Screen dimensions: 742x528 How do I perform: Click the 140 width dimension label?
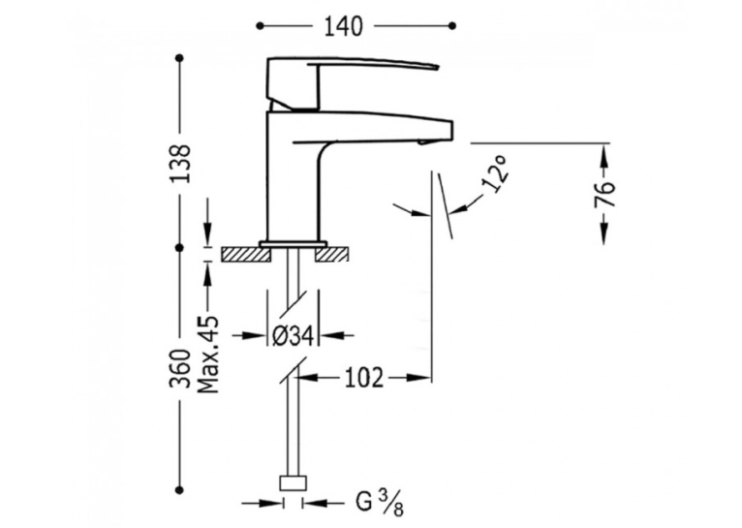click(343, 26)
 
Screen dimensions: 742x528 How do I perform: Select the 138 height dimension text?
click(180, 163)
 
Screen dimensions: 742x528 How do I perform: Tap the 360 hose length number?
click(180, 369)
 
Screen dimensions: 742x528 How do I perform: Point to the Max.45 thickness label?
click(208, 354)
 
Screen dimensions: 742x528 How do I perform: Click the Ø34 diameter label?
click(294, 336)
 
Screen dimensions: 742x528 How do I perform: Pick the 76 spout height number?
click(604, 194)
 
